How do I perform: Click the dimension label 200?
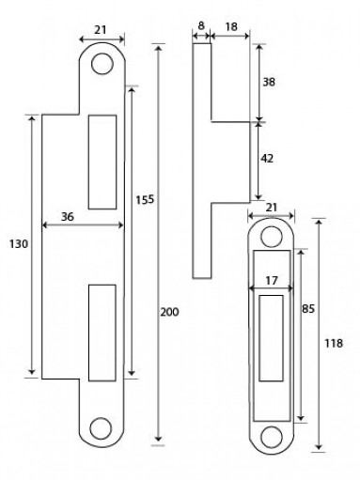pos(169,312)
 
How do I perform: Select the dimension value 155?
pos(144,198)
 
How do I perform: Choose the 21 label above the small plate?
pos(272,207)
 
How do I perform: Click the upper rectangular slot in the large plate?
pos(101,161)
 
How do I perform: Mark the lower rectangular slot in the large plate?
pos(101,333)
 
